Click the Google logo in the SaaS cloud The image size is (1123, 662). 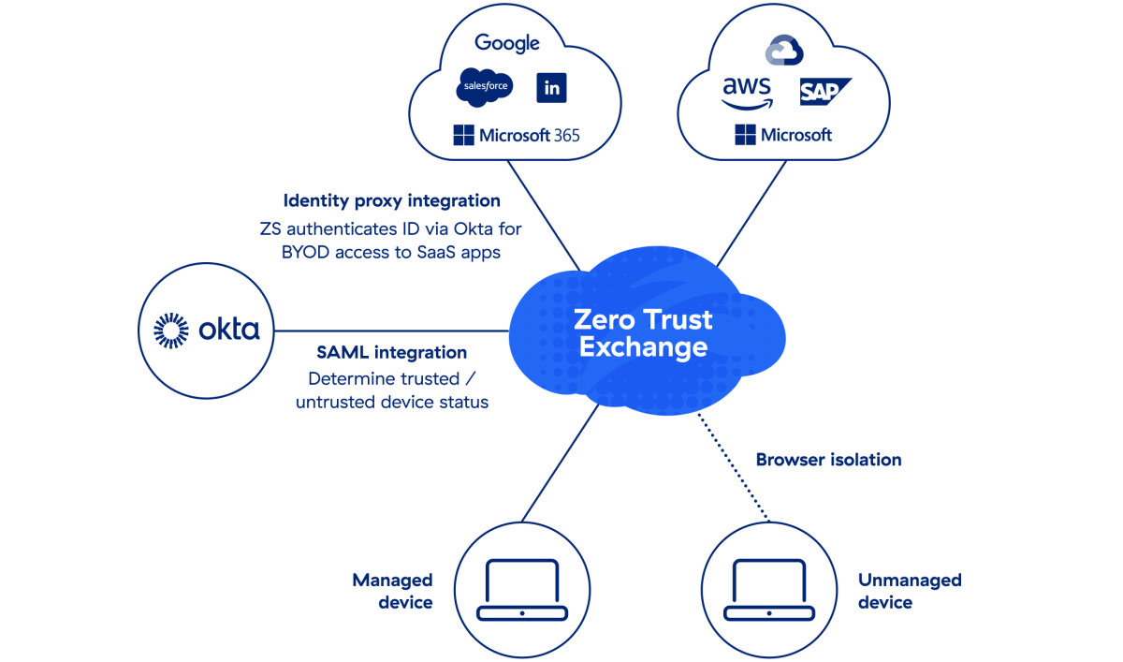pos(506,43)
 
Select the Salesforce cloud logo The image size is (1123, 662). pos(484,87)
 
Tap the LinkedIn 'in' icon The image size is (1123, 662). pos(552,88)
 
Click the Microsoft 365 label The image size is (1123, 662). pos(517,136)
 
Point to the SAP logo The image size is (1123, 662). pos(824,92)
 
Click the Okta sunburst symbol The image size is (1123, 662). pos(171,331)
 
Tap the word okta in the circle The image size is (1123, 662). pos(229,331)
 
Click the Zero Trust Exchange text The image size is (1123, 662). pos(643,333)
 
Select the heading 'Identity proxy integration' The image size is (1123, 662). pos(391,200)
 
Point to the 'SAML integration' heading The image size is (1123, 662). pos(391,353)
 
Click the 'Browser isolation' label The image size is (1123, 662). pos(828,460)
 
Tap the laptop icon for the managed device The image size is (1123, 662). pos(521,590)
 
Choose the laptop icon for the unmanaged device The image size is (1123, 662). pos(768,590)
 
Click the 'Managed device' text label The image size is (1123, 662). pos(392,591)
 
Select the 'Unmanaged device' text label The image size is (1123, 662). pos(910,591)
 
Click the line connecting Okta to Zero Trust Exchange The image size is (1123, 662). pos(393,331)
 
